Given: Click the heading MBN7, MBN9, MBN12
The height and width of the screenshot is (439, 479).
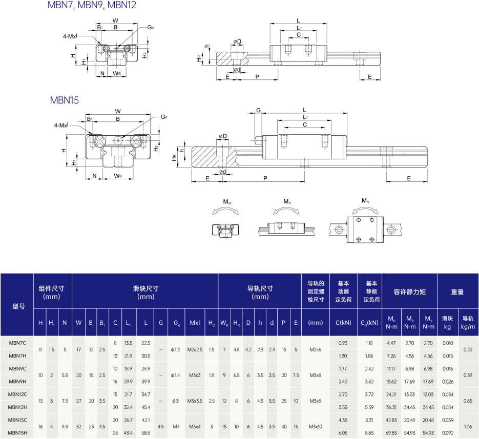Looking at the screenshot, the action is click(x=92, y=5).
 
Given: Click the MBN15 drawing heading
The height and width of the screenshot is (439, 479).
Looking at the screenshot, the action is click(x=65, y=100).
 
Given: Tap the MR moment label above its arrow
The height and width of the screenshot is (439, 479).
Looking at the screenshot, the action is click(x=227, y=202).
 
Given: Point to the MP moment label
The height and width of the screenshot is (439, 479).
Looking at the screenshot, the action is click(x=287, y=202).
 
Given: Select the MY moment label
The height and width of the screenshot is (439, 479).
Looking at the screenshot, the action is click(x=366, y=201).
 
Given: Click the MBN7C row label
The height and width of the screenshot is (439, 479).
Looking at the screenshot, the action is click(x=17, y=343).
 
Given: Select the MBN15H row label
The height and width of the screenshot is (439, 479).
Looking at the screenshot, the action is click(x=17, y=433).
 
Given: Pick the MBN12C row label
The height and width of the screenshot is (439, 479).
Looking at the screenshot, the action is click(x=17, y=394).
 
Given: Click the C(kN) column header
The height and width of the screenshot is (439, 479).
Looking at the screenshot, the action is click(x=343, y=323).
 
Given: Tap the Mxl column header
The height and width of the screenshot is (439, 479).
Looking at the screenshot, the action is click(x=195, y=323).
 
